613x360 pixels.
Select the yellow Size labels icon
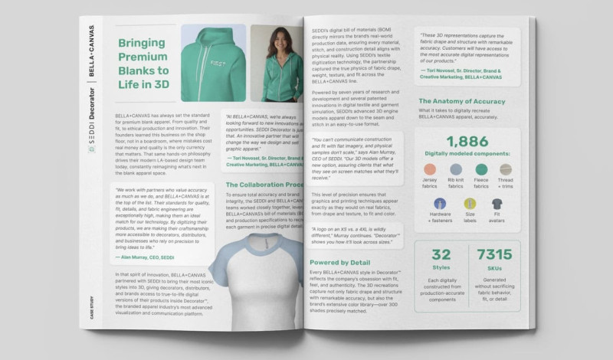[x=469, y=205]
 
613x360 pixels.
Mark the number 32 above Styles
[x=441, y=255]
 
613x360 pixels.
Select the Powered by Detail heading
[x=339, y=263]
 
